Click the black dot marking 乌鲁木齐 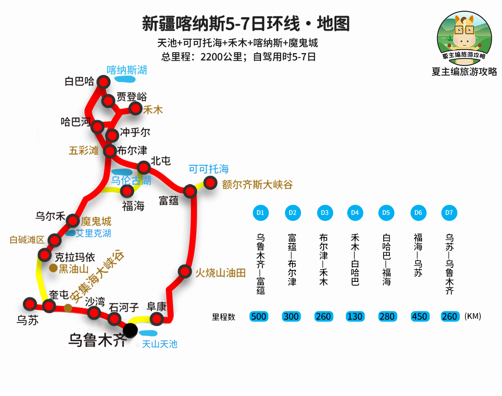tap(130, 330)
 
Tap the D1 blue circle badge tap(260, 213)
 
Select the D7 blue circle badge tap(449, 213)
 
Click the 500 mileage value tap(259, 316)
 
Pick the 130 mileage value tap(355, 316)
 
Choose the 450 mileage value tap(419, 316)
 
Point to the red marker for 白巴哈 tap(103, 82)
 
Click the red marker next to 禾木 tap(135, 108)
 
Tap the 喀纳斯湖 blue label tap(126, 70)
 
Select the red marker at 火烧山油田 tap(185, 272)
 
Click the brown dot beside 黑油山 tap(54, 268)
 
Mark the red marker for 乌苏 tap(30, 304)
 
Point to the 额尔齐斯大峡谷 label tap(257, 185)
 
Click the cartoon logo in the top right tap(464, 38)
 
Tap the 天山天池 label tap(159, 344)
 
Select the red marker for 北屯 tap(144, 167)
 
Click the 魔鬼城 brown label tap(96, 221)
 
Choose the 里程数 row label tap(223, 317)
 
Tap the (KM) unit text tap(472, 316)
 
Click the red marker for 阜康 tap(156, 319)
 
